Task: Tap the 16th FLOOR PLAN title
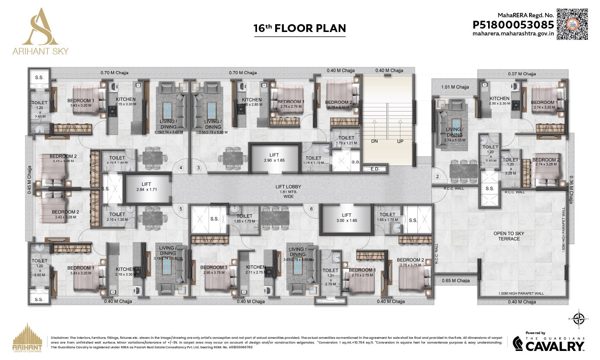point(300,29)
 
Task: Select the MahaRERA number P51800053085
point(513,25)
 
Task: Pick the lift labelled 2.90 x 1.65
point(275,157)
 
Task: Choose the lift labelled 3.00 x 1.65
point(347,217)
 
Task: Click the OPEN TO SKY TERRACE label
point(508,236)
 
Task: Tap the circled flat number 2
point(437,176)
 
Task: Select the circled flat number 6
point(311,209)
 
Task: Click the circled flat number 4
point(181,168)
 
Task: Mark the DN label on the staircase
point(374,141)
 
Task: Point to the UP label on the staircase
point(400,141)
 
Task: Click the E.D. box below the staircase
point(375,169)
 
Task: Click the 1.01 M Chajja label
point(455,87)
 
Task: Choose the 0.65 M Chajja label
point(456,280)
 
